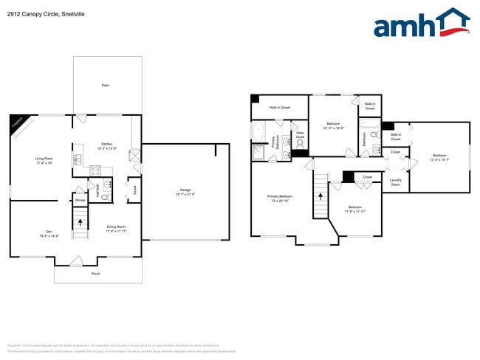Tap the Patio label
coord(106,86)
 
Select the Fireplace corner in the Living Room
coord(18,125)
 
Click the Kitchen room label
coord(107,145)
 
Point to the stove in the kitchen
coord(95,170)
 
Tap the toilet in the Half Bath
coord(106,197)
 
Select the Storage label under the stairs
coord(80,200)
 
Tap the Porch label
coord(95,274)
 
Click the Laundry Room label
coord(396,182)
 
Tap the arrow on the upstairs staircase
coord(320,195)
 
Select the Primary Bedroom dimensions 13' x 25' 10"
coord(280,201)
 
